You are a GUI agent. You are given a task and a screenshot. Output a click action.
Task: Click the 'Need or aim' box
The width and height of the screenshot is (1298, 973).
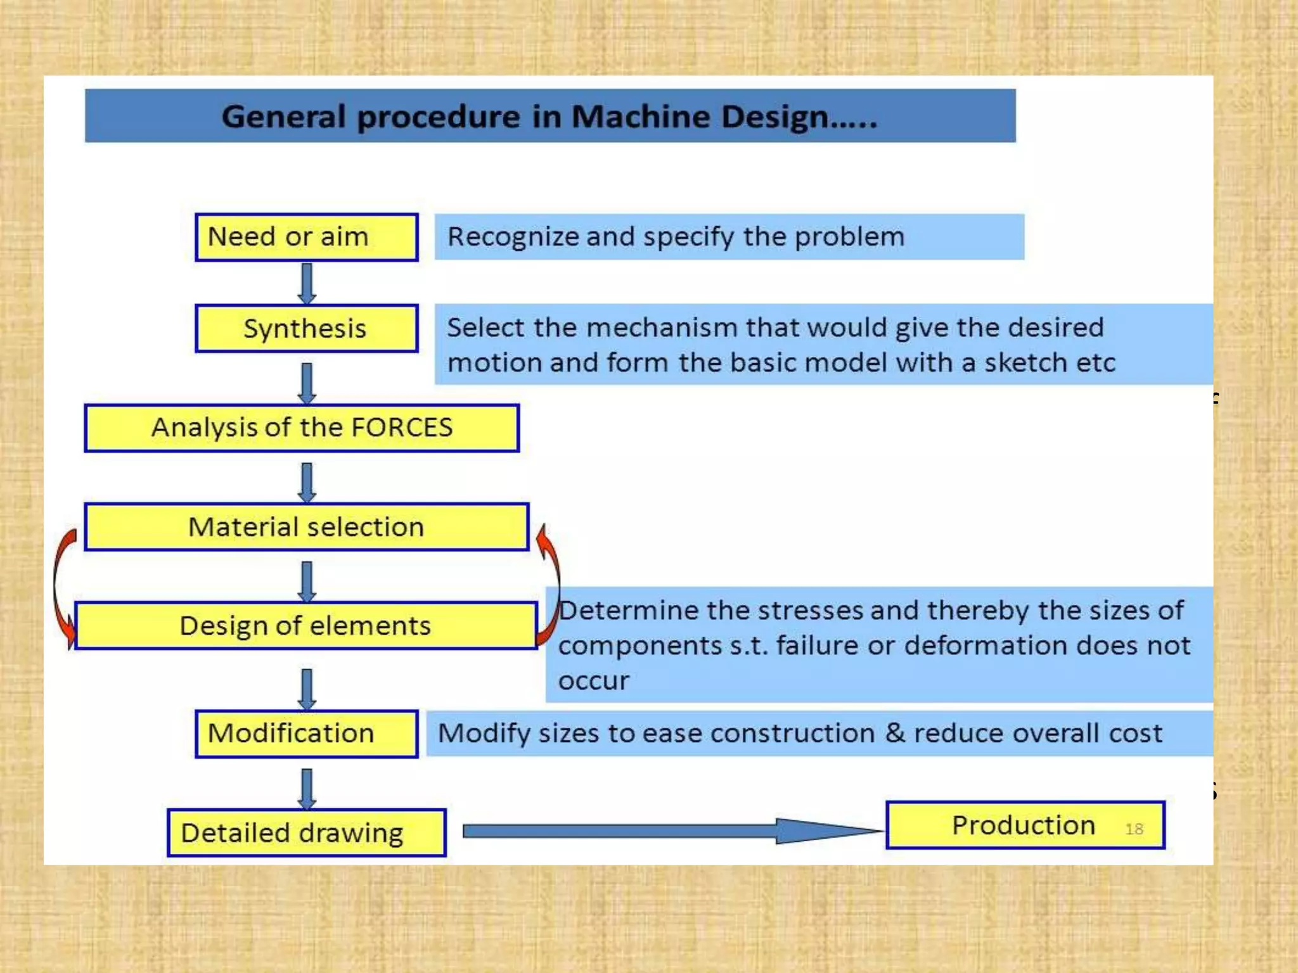tap(306, 237)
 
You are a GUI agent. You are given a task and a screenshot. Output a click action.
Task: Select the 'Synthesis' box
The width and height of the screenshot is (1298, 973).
tap(306, 328)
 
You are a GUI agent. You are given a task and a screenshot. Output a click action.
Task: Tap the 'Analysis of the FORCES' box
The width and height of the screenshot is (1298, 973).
tap(302, 428)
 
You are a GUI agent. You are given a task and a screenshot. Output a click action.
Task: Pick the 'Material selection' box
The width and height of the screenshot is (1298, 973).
tap(306, 527)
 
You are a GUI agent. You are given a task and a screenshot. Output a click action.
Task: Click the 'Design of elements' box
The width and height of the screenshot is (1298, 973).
tap(305, 626)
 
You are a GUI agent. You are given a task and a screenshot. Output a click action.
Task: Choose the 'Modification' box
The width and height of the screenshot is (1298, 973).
tap(306, 734)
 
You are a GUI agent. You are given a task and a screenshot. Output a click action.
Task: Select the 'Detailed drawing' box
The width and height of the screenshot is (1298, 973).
tap(306, 832)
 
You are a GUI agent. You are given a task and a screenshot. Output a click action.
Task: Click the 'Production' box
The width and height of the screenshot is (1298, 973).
tap(1024, 825)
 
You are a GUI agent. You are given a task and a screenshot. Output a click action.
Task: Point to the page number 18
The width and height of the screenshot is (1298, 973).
tap(1134, 829)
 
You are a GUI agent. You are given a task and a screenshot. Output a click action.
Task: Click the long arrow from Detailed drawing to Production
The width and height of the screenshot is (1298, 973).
tap(672, 831)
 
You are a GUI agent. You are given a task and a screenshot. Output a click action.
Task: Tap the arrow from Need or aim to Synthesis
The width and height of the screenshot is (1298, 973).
tap(307, 283)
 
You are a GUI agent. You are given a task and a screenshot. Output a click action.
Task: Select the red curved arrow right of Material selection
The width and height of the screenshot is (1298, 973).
tap(551, 583)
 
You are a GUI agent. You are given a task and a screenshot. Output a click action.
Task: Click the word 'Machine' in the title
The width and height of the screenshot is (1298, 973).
tap(641, 117)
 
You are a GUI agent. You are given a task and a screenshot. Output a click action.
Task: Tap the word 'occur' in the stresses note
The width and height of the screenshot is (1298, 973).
tap(593, 681)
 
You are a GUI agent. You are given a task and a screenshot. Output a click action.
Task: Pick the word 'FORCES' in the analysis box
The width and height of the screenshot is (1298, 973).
tap(402, 428)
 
